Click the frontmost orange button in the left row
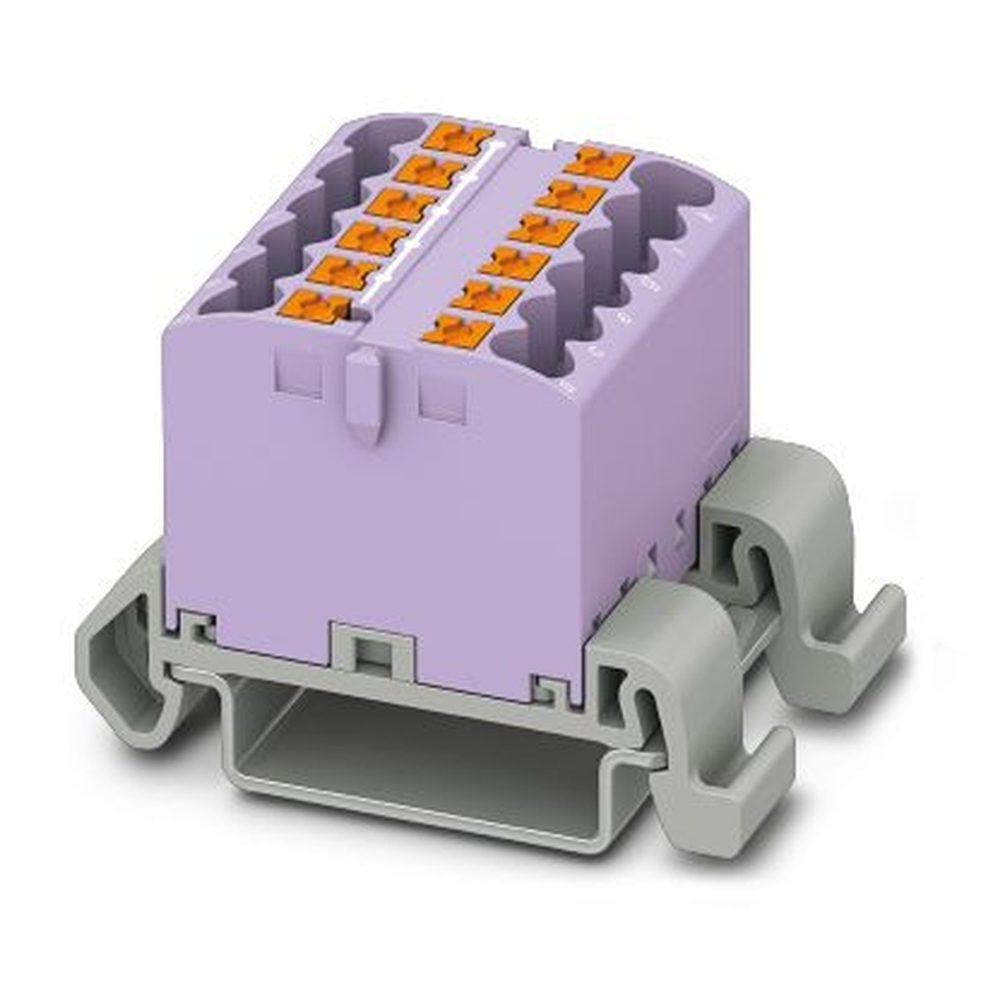[x=313, y=305]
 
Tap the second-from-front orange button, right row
[x=485, y=294]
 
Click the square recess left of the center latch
[x=298, y=374]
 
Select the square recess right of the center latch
[x=442, y=397]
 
